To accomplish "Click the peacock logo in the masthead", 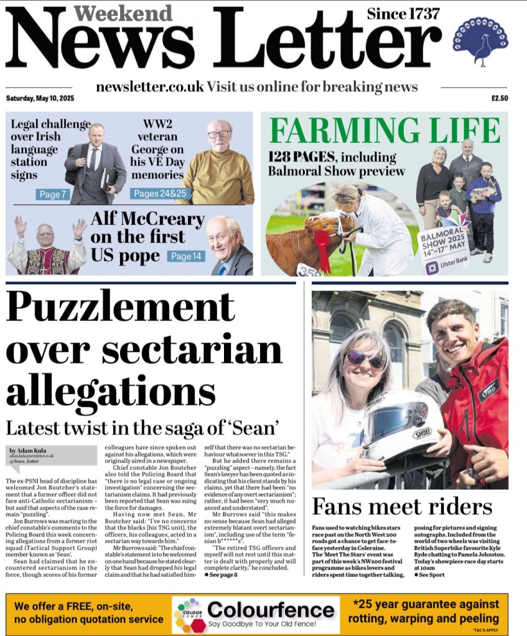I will pyautogui.click(x=480, y=40).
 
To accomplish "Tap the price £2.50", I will pyautogui.click(x=500, y=98).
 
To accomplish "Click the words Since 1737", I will pyautogui.click(x=403, y=13).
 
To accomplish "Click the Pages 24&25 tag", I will pyautogui.click(x=160, y=193).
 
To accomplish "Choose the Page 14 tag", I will pyautogui.click(x=186, y=256).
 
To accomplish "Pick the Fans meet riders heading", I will pyautogui.click(x=402, y=507).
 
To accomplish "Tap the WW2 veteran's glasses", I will pyautogui.click(x=219, y=134).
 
